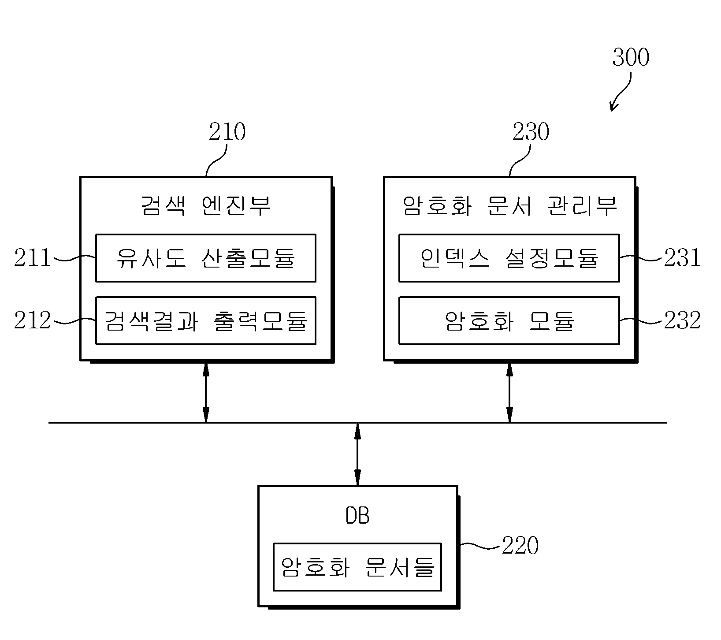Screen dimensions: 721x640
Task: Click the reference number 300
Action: (x=631, y=58)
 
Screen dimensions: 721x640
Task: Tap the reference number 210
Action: (x=227, y=132)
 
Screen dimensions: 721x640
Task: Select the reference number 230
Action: (x=531, y=132)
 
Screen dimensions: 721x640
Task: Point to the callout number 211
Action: (x=32, y=258)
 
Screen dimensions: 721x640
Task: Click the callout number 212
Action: (x=32, y=320)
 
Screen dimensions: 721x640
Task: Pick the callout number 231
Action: (x=682, y=258)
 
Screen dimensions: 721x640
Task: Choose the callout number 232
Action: (x=682, y=320)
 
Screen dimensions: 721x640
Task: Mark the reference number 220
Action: (x=520, y=546)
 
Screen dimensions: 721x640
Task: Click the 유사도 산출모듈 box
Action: (x=206, y=258)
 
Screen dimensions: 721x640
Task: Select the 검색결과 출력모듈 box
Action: (x=206, y=320)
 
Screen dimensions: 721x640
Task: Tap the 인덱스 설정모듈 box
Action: (x=509, y=258)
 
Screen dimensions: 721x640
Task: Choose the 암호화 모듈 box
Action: (x=509, y=320)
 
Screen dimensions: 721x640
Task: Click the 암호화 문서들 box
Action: (x=357, y=567)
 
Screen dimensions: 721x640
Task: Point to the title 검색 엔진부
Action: (x=206, y=206)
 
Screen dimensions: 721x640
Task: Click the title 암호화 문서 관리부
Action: (x=510, y=206)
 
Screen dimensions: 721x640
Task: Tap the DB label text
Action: (x=357, y=515)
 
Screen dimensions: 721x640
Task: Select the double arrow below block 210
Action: (x=205, y=392)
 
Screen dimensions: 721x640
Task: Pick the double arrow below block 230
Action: (x=509, y=392)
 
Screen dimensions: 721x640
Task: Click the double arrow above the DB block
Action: (x=357, y=454)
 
